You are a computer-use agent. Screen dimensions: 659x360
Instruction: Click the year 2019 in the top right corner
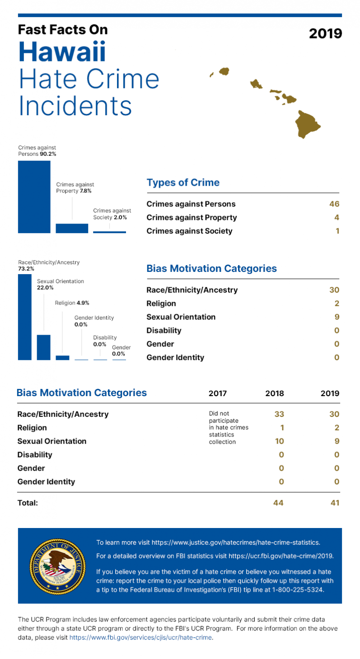[325, 33]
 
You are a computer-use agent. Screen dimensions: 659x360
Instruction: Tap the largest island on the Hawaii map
[308, 123]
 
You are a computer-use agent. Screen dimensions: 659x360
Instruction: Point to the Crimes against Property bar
[72, 228]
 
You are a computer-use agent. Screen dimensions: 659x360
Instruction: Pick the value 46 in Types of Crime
[334, 204]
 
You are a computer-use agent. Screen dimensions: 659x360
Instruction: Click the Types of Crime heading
[183, 183]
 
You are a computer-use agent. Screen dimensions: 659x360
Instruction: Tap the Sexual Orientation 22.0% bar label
[60, 284]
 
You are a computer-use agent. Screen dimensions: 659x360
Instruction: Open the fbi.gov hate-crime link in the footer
[140, 638]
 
